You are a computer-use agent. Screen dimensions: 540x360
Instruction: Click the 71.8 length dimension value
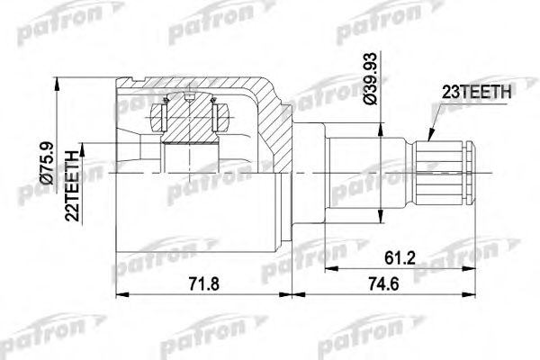[x=204, y=284]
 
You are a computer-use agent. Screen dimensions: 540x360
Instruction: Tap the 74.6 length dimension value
[x=383, y=284]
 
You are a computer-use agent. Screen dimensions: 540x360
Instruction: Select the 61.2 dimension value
[x=400, y=257]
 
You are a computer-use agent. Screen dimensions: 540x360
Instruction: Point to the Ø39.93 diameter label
[x=371, y=78]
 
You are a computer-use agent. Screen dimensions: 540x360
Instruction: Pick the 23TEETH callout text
[x=476, y=92]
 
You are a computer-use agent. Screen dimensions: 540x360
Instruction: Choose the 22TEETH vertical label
[x=72, y=185]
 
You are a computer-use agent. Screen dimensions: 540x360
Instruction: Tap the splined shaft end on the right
[x=445, y=173]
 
